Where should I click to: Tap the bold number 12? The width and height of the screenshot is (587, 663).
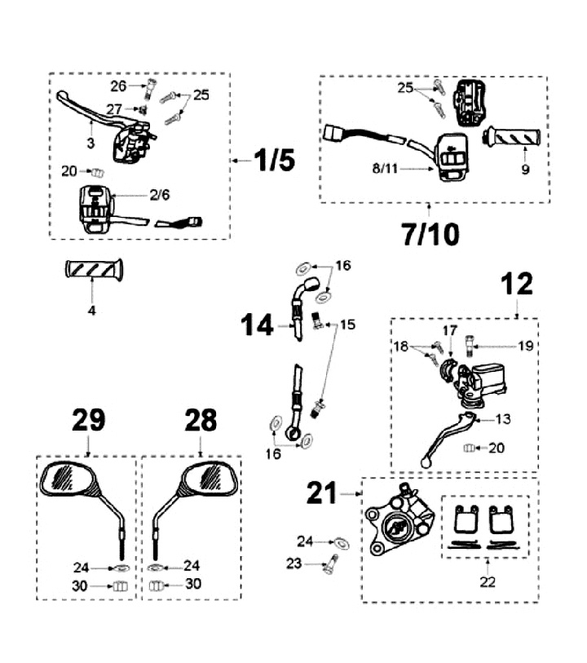pos(517,285)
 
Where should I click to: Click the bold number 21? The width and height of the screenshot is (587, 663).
pos(324,493)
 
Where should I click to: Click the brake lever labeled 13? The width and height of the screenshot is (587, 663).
pos(444,436)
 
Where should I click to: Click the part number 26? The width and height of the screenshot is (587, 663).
pos(119,86)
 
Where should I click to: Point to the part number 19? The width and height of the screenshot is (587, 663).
pos(526,345)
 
